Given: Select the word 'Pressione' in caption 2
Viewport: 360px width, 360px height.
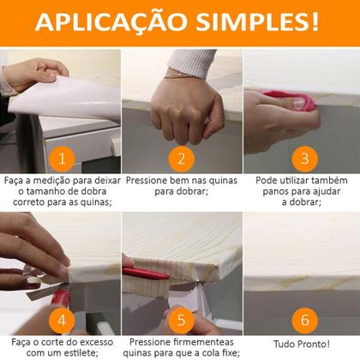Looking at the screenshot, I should (x=149, y=182).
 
